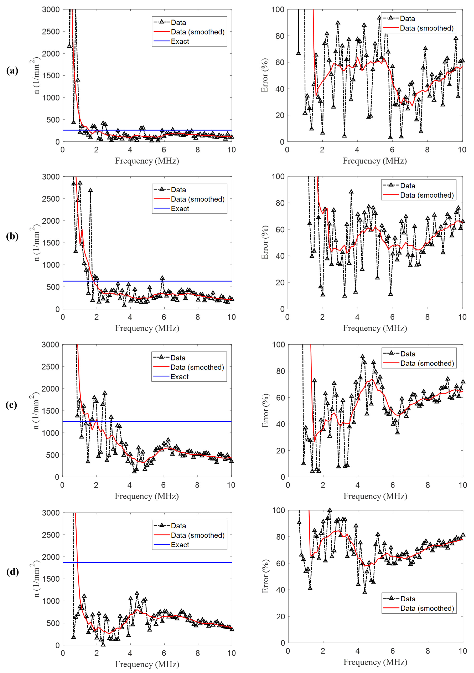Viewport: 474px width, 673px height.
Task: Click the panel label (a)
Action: (x=12, y=71)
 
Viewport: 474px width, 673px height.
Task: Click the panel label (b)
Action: (x=12, y=236)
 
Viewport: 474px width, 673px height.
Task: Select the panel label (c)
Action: (x=11, y=405)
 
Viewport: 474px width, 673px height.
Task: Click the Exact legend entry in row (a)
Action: (x=180, y=41)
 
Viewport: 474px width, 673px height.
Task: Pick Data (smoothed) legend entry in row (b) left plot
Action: (x=197, y=199)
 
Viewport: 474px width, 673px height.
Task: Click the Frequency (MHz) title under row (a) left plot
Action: (x=147, y=161)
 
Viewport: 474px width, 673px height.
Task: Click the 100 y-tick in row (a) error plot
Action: (x=278, y=10)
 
